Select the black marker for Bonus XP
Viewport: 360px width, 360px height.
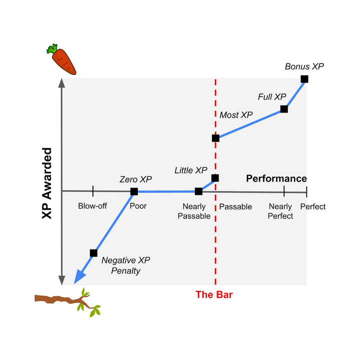304,78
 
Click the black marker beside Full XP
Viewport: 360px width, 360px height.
284,109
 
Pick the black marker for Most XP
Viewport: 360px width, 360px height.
215,138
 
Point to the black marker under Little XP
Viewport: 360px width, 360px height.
215,177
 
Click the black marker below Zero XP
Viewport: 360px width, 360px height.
134,191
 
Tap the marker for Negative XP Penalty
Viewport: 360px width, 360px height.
93,253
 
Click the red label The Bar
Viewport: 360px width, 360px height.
214,294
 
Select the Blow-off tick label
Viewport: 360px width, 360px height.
92,206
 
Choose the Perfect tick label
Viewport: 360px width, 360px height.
312,206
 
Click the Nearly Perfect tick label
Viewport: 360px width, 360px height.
280,211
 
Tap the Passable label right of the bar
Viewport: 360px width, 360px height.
235,206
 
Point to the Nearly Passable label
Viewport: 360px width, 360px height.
194,211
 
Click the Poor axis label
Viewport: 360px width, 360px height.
138,206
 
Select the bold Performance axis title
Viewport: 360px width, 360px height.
276,178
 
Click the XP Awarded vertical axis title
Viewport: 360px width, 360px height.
47,183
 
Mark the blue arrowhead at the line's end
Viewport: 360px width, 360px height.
79,277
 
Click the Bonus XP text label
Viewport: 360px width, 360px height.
301,66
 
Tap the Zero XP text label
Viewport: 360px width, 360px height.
135,179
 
